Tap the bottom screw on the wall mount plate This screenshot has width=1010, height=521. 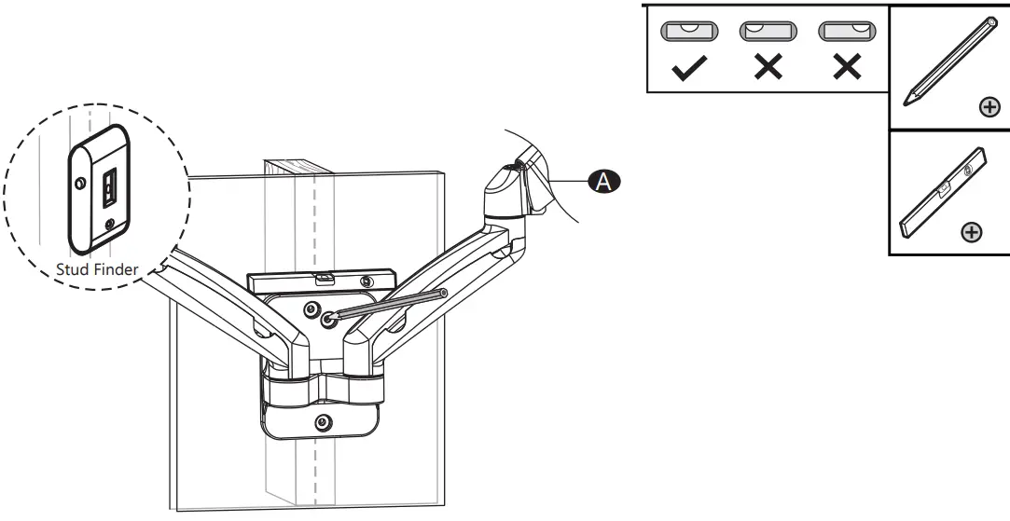[322, 420]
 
